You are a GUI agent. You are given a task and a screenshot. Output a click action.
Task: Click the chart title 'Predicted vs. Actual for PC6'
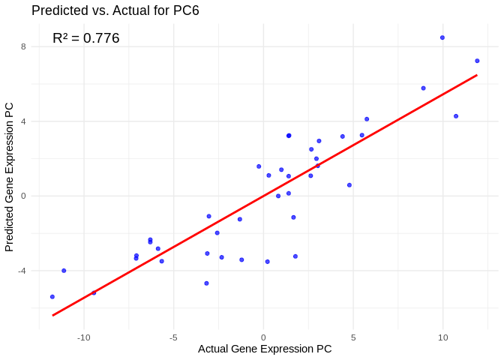115,10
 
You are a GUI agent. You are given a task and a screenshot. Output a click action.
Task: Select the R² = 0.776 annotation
85,38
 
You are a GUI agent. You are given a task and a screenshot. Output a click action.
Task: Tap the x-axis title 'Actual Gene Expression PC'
264,349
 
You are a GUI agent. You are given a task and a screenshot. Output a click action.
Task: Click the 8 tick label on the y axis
23,46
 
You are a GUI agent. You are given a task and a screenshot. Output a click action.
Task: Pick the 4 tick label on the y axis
23,121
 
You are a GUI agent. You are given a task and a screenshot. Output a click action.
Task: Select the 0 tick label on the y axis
23,196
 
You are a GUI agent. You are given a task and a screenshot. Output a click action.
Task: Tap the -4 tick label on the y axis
22,271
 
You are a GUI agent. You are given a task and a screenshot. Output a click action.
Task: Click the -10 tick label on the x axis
83,337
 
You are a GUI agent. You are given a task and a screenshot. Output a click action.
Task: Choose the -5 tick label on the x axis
173,337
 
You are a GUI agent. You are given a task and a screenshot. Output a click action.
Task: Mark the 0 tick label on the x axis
263,337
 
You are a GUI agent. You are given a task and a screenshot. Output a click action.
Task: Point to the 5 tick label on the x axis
353,337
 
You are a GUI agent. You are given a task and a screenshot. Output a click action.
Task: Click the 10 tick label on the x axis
442,337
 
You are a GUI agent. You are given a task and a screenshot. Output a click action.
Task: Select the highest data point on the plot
442,37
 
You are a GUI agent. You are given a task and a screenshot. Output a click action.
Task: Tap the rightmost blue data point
477,61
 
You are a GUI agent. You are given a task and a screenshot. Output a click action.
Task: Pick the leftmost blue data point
52,297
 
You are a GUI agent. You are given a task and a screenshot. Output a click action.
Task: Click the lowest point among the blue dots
52,297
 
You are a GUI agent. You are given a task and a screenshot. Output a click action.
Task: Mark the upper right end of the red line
477,74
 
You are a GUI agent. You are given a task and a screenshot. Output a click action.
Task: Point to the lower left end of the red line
52,315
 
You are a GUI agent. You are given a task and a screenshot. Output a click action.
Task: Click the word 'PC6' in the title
184,10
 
